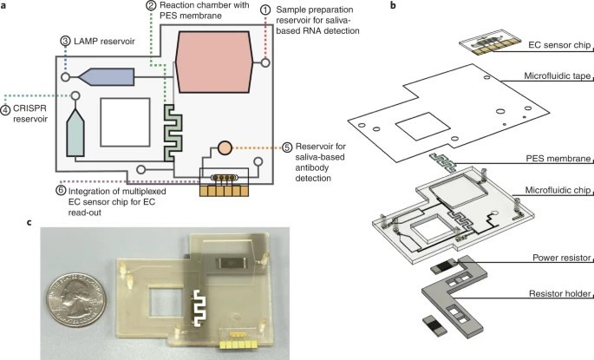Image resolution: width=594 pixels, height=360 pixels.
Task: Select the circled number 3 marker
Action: [x=65, y=41]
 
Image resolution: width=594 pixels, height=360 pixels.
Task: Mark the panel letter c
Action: [x=7, y=221]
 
